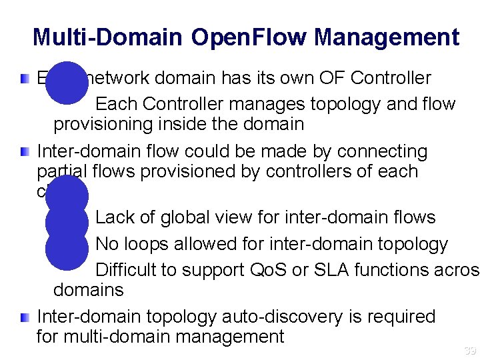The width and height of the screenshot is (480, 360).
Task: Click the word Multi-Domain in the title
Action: click(107, 37)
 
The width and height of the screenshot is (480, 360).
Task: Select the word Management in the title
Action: click(387, 37)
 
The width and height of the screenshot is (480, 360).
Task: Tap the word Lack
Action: click(114, 217)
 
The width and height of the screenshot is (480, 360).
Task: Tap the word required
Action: click(397, 317)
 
